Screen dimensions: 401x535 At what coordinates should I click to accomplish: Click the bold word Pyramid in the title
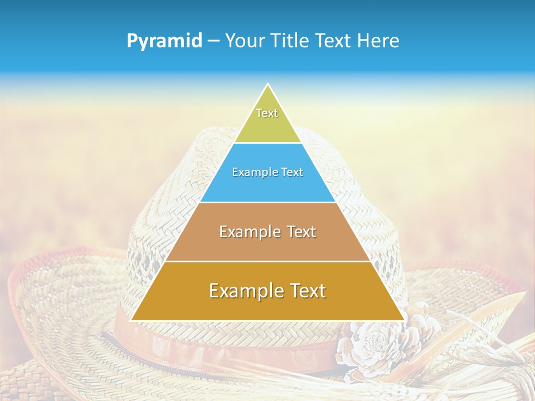tap(164, 41)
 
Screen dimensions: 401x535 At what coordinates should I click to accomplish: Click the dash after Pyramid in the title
tap(213, 41)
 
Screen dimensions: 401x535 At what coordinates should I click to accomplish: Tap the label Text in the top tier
tap(267, 113)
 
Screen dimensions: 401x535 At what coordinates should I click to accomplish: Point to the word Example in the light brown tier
tap(250, 232)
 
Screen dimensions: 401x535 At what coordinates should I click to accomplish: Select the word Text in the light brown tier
tap(301, 232)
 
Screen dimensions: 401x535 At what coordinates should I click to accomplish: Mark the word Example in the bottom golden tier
tap(245, 291)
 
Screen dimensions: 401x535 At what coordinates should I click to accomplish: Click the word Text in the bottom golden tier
tap(307, 291)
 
